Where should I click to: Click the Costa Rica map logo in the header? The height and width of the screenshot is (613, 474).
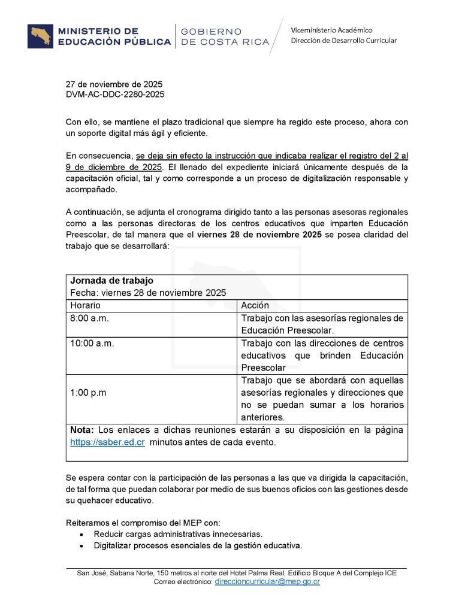41,37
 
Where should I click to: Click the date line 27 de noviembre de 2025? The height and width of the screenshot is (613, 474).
114,84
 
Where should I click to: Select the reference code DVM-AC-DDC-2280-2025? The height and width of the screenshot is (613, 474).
115,95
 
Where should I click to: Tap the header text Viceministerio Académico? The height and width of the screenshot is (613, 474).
331,30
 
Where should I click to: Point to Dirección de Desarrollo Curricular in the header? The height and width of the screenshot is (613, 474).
343,41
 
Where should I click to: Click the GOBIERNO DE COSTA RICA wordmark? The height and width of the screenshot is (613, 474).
224,37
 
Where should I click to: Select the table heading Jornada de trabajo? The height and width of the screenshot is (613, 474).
112,280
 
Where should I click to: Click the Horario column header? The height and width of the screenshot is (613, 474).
86,305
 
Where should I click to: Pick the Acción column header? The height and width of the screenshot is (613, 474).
255,305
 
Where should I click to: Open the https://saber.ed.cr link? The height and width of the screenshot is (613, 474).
107,442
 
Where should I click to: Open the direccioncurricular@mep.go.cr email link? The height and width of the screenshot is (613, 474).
267,581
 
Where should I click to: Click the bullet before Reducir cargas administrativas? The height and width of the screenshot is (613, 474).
82,534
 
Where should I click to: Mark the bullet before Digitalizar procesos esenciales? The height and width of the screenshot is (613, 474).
82,545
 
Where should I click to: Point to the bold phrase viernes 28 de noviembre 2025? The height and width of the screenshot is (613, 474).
259,234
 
